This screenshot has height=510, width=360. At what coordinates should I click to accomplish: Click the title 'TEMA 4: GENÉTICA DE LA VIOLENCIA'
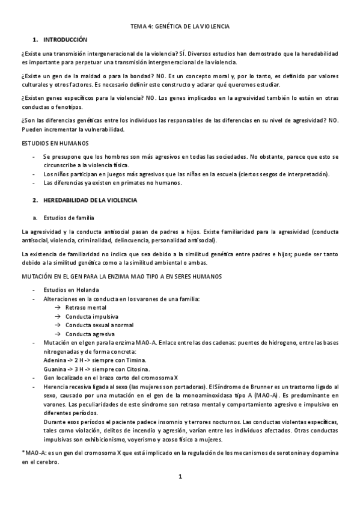click(180, 27)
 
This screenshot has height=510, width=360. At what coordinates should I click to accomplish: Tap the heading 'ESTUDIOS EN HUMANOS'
click(55, 143)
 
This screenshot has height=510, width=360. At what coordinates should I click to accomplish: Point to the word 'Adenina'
click(55, 360)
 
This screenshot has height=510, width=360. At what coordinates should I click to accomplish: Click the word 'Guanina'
click(55, 369)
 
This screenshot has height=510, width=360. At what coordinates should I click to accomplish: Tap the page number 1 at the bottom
click(180, 477)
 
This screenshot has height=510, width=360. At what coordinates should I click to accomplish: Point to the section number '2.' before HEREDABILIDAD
click(35, 199)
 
